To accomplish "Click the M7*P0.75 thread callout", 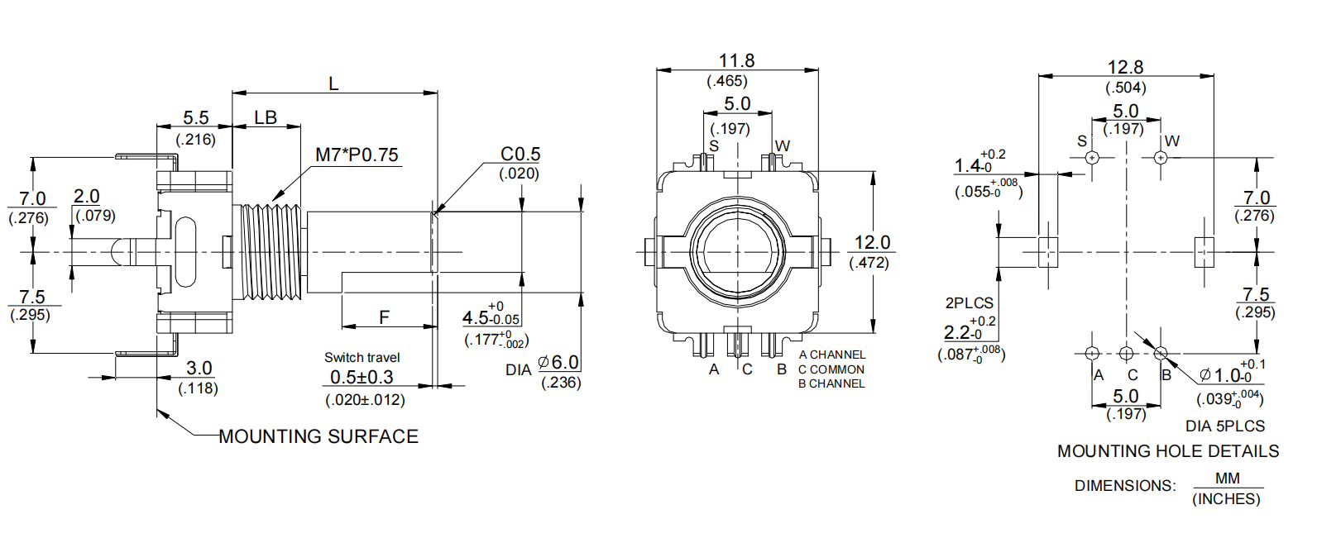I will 357,155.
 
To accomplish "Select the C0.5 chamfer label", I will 520,155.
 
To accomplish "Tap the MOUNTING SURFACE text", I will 318,436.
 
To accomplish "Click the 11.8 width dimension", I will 736,61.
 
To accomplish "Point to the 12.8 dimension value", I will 1125,68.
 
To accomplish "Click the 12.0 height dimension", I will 872,243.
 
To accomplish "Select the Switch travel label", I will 362,358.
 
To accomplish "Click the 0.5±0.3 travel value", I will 362,378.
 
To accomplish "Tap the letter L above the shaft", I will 333,84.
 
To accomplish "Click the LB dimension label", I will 266,118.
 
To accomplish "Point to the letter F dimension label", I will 384,317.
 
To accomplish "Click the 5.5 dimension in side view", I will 196,118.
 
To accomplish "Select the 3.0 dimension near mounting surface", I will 199,369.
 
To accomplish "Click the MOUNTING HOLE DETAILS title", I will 1168,451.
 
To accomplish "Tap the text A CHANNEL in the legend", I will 831,355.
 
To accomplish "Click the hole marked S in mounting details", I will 1092,157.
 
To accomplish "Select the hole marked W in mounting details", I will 1160,157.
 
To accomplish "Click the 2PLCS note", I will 969,303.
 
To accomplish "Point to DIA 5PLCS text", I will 1225,426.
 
